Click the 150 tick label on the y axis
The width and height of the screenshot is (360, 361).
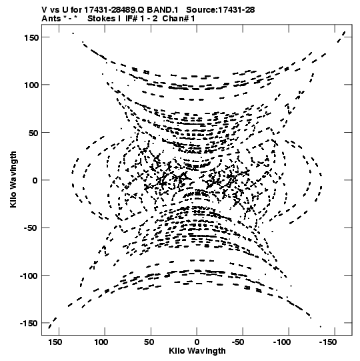tap(31, 37)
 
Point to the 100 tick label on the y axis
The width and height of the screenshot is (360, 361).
tap(31, 85)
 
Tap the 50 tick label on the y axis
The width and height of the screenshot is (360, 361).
tap(33, 133)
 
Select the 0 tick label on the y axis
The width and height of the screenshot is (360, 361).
tap(35, 180)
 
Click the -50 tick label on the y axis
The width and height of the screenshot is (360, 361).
tap(31, 228)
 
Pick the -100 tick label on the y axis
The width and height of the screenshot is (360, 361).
tap(29, 276)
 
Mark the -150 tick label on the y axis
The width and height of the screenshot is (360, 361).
tap(29, 324)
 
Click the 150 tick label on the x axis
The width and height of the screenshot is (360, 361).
tap(55, 342)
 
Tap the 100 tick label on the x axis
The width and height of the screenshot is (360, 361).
tap(101, 342)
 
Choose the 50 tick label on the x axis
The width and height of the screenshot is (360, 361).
tap(149, 342)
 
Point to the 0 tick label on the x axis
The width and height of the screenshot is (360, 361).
tap(197, 342)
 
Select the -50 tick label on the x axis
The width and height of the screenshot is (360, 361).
tap(238, 342)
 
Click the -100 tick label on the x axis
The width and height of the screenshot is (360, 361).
tap(282, 342)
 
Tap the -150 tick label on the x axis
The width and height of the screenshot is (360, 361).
tap(328, 342)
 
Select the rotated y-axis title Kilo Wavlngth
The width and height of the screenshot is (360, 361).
tap(13, 179)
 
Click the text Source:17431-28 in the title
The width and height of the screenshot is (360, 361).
tap(221, 10)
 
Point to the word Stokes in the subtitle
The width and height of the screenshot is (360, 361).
tap(101, 19)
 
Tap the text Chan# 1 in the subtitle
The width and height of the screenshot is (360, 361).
tap(179, 19)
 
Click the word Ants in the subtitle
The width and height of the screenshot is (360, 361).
tap(51, 19)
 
